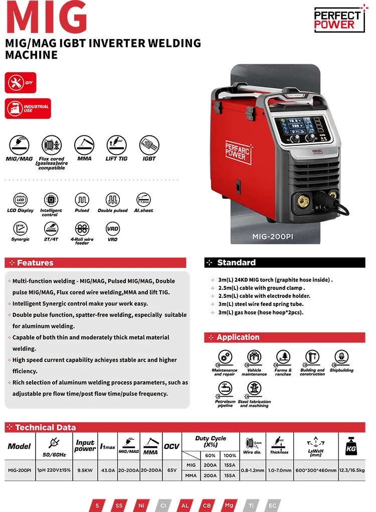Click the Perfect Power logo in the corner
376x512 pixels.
(x=337, y=19)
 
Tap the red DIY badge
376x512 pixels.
(x=21, y=83)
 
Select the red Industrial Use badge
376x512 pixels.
(x=28, y=108)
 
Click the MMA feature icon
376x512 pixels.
(x=84, y=145)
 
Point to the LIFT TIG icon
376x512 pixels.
(x=116, y=145)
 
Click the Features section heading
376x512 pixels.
(x=35, y=263)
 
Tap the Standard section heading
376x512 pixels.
(x=236, y=262)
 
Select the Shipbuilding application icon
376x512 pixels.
(x=341, y=359)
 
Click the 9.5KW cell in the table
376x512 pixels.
(x=85, y=470)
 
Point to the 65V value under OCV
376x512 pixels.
(x=172, y=470)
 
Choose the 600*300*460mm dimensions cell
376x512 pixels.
(x=315, y=470)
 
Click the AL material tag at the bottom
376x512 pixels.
(x=185, y=505)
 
